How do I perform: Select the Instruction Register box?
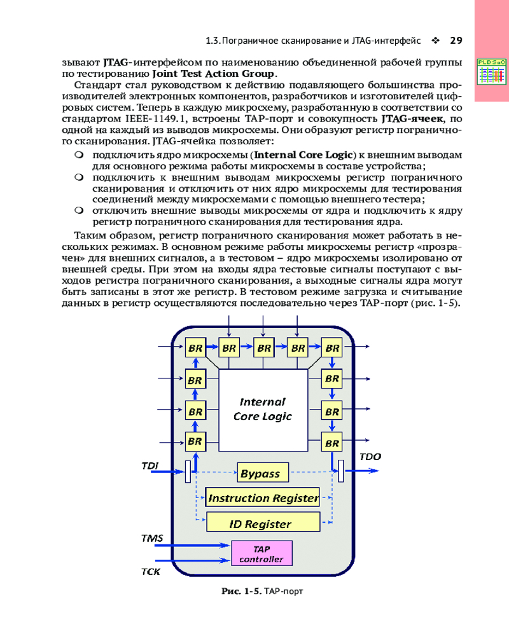coord(263,497)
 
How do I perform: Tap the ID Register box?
coord(263,523)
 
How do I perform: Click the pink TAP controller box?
coord(261,554)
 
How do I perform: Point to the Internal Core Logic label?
coord(262,409)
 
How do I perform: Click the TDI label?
coord(150,466)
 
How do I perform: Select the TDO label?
coord(370,457)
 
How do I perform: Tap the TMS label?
coord(152,538)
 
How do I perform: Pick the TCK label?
coord(151,571)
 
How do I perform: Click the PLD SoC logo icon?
coord(491,71)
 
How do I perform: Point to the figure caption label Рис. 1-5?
coord(241,591)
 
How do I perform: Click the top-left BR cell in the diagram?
coord(195,348)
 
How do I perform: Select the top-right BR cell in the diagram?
coord(331,348)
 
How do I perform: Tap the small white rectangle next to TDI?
coord(188,471)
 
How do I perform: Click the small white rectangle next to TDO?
coord(341,471)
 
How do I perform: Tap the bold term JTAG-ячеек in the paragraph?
coord(412,118)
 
